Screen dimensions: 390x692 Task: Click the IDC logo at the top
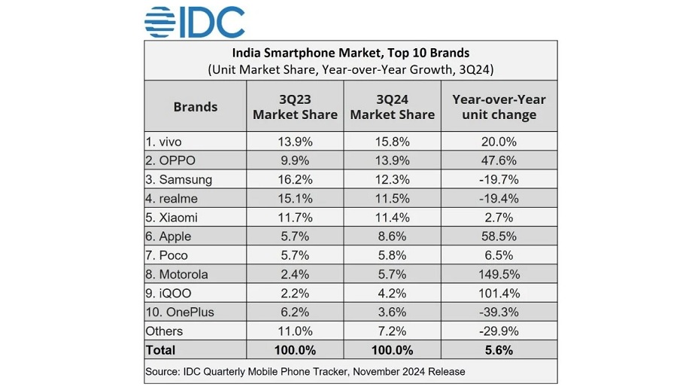coord(195,22)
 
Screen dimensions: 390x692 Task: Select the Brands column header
coord(195,106)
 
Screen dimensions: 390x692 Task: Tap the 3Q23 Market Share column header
coord(295,106)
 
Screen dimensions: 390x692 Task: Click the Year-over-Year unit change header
coord(499,106)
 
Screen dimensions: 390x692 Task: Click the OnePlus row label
coord(181,312)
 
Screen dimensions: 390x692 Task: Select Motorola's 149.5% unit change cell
coord(499,274)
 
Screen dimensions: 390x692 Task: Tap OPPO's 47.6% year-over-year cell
coord(499,160)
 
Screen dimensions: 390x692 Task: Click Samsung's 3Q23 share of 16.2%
coord(295,179)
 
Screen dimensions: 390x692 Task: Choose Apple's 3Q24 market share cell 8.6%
coord(392,236)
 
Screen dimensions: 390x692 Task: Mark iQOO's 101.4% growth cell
coord(499,293)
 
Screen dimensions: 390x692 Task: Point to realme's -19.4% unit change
coord(499,198)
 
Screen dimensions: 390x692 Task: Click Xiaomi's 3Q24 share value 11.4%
coord(392,217)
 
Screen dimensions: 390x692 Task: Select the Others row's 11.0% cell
coord(295,331)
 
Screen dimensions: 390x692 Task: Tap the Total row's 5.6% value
coord(499,349)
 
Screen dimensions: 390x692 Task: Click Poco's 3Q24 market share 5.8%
coord(392,255)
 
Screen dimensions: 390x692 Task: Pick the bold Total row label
coord(162,349)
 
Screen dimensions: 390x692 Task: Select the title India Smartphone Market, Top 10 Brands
coord(351,53)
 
